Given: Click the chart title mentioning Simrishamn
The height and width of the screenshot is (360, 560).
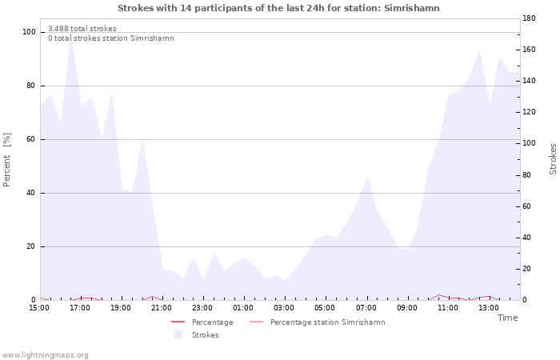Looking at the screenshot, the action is [278, 8].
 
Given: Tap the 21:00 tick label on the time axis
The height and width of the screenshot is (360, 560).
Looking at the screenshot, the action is [162, 308].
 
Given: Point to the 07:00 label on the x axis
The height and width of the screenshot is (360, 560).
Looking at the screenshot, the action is [366, 308].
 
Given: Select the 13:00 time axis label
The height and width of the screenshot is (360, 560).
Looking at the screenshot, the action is [489, 308].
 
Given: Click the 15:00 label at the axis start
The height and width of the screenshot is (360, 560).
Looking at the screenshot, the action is [39, 308].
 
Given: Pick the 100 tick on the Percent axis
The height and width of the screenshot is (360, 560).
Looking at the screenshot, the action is [29, 32].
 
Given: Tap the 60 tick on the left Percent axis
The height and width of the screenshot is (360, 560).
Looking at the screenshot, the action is [31, 139].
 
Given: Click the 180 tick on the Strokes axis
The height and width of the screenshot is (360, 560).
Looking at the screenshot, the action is [529, 18].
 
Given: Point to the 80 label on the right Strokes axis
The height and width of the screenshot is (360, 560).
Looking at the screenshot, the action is [526, 175].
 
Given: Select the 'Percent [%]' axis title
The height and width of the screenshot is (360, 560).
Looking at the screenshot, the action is [6, 159].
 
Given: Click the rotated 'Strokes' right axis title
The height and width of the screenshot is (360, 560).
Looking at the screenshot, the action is [553, 159].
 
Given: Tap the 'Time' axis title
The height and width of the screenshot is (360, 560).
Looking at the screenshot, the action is [507, 318].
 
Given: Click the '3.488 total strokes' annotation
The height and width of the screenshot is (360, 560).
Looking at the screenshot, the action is [82, 29].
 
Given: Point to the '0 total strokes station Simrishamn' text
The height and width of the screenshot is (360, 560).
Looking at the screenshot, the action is [111, 38].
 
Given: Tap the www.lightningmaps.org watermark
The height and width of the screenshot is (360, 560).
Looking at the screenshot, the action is [44, 355].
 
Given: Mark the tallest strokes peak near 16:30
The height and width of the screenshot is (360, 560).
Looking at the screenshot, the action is [71, 38].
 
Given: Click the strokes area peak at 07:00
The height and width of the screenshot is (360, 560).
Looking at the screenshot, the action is [367, 176].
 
